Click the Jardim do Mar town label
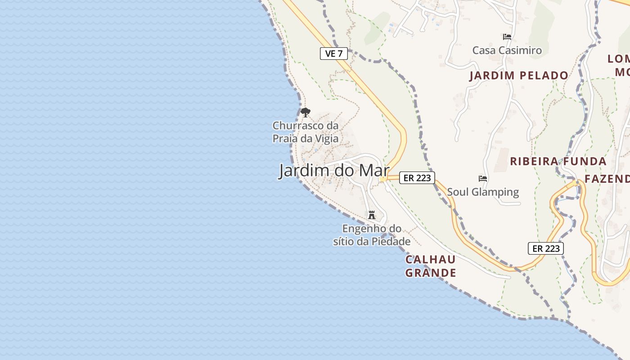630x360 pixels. (334, 171)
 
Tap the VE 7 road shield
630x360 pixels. (334, 54)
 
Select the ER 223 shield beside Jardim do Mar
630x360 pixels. (417, 178)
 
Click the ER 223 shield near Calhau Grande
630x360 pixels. (545, 248)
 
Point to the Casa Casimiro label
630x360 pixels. (507, 50)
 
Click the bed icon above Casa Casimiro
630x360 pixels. (507, 36)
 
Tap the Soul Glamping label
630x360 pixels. (483, 192)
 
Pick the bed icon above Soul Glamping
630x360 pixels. (483, 178)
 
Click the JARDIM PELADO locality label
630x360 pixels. (519, 76)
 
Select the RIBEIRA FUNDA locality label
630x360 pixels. (558, 161)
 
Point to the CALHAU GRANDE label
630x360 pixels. (431, 266)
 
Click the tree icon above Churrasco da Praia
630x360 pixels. (306, 112)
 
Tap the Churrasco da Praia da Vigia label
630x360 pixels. (306, 132)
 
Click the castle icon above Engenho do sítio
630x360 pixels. (372, 215)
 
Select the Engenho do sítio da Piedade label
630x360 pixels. (372, 235)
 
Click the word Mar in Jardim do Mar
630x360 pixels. (373, 171)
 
